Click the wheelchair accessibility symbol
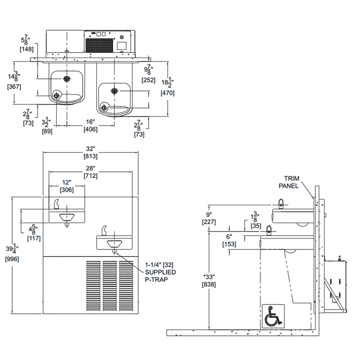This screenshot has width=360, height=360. pyautogui.click(x=273, y=316)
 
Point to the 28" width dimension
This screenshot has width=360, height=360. pyautogui.click(x=91, y=172)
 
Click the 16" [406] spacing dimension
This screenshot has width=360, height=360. pyautogui.click(x=91, y=126)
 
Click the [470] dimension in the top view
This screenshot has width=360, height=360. pyautogui.click(x=167, y=93)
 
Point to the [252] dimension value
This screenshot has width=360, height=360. pyautogui.click(x=148, y=80)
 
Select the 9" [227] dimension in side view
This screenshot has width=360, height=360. pyautogui.click(x=209, y=219)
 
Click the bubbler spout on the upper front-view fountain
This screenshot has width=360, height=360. pyautogui.click(x=54, y=205)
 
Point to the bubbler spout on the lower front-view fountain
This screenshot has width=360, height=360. pyautogui.click(x=104, y=230)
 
